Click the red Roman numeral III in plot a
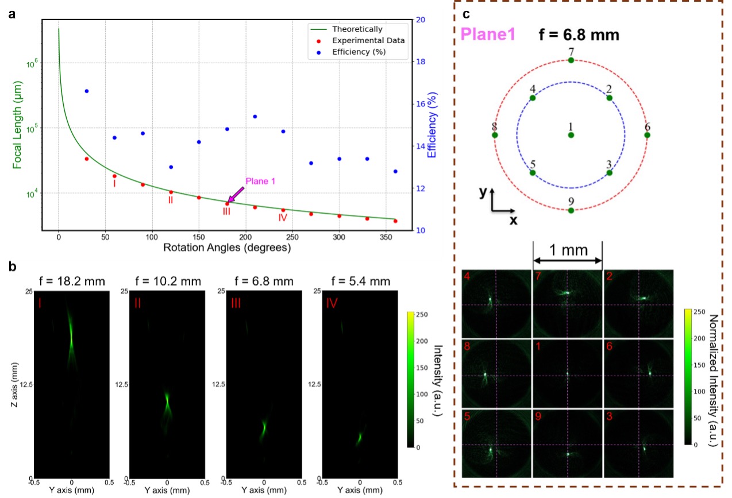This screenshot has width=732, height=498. (x=227, y=211)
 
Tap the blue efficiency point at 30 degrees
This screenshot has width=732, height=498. (x=87, y=91)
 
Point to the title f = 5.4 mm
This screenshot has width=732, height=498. (x=359, y=281)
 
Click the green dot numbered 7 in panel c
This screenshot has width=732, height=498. (x=571, y=60)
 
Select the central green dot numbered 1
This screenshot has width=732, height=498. (x=571, y=135)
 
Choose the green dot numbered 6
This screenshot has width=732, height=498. (x=647, y=135)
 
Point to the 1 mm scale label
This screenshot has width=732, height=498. (x=568, y=250)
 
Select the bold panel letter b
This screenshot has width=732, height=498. (x=12, y=267)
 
